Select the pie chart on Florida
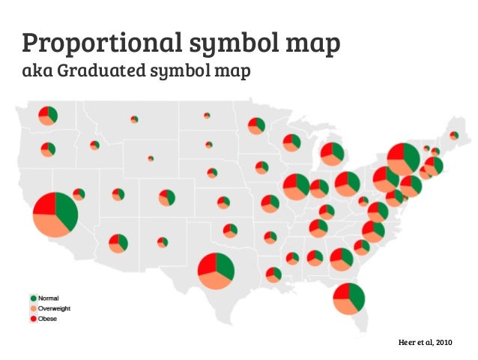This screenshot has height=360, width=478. click(348, 299)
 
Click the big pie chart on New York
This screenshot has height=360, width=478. click(403, 159)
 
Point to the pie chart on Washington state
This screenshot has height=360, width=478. click(48, 115)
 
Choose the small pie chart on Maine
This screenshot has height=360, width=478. click(453, 136)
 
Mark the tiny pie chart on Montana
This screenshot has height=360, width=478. click(134, 119)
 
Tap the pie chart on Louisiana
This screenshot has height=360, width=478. click(273, 274)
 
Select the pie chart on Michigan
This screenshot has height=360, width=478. click(332, 154)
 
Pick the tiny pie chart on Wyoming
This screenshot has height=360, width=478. click(151, 158)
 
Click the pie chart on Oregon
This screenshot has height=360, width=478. click(48, 149)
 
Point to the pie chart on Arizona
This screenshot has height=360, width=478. click(118, 243)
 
